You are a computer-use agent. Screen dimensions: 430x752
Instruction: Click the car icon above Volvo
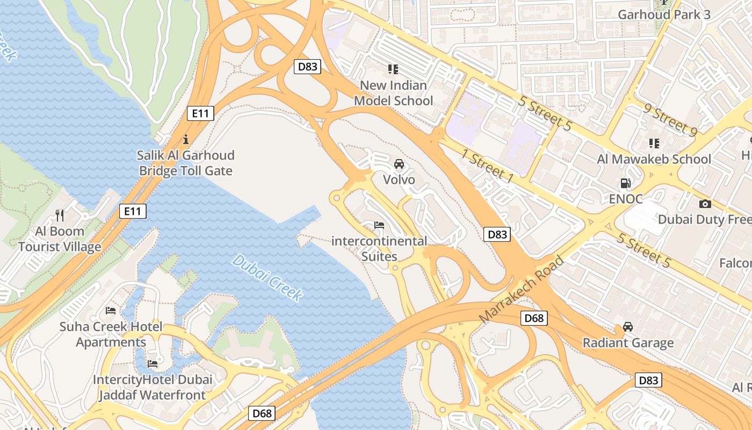click(x=399, y=164)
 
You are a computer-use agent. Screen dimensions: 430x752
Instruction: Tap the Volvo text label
click(x=399, y=180)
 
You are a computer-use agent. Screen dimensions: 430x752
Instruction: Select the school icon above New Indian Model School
click(x=393, y=69)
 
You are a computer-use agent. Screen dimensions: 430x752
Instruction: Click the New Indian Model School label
click(x=393, y=93)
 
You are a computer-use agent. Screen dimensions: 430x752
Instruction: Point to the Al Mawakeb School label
click(x=654, y=159)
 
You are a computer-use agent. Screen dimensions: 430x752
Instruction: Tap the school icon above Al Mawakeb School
click(x=654, y=144)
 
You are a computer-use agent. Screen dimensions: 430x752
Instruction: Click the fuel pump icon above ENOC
click(x=625, y=183)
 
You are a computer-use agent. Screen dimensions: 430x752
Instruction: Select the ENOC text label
click(x=625, y=199)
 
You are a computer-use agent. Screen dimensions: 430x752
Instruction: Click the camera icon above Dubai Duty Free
click(x=705, y=204)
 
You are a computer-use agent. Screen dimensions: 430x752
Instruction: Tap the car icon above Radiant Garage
click(x=627, y=327)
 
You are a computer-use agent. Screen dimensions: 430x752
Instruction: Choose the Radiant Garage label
click(x=627, y=343)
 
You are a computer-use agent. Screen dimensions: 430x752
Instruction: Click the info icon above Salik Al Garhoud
click(x=186, y=140)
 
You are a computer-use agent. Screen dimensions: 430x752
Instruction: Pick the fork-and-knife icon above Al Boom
click(x=60, y=216)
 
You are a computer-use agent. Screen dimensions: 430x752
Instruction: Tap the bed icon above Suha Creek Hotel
click(x=111, y=311)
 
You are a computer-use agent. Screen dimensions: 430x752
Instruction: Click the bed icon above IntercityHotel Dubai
click(x=153, y=364)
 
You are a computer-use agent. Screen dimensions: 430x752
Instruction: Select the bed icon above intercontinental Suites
click(x=379, y=225)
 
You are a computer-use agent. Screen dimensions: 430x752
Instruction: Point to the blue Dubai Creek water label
click(x=267, y=277)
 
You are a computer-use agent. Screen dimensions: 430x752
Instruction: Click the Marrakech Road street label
click(x=521, y=290)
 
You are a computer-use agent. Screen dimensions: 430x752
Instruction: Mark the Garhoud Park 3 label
click(x=664, y=15)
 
